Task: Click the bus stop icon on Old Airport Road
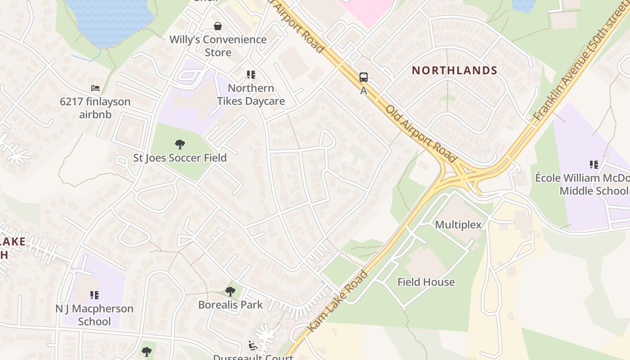tap(364, 77)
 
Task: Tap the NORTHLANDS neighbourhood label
tap(454, 70)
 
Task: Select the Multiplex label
tap(458, 225)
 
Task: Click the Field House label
tap(426, 282)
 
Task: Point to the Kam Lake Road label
tap(338, 301)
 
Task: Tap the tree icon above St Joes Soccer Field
tap(180, 144)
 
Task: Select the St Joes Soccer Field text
tap(180, 158)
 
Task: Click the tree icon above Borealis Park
tap(230, 292)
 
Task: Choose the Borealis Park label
tap(230, 305)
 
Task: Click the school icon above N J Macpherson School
tap(94, 295)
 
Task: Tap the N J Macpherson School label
tap(94, 315)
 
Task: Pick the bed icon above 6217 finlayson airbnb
tap(95, 88)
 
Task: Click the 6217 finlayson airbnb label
tap(95, 108)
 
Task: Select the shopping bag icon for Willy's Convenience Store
tap(218, 26)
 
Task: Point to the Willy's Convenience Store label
tap(218, 46)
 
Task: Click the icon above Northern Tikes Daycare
tap(251, 75)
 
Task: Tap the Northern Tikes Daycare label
tap(251, 94)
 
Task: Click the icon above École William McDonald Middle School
tap(594, 165)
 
